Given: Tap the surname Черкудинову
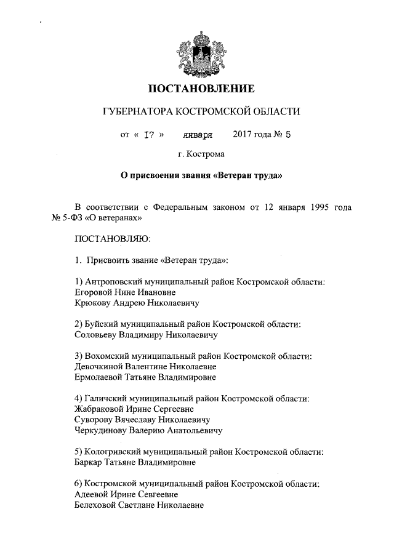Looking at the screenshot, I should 103,430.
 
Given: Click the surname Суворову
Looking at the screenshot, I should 95,420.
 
